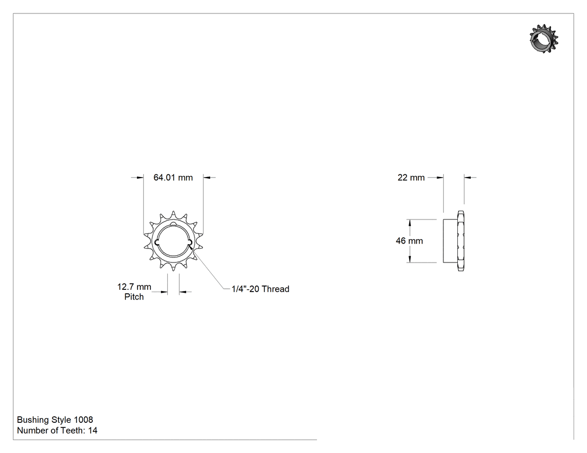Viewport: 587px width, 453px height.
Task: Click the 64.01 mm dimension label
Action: pyautogui.click(x=173, y=177)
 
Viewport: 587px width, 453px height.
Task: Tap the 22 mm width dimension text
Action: pyautogui.click(x=411, y=178)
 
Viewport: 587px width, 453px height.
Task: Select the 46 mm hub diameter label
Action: pyautogui.click(x=409, y=241)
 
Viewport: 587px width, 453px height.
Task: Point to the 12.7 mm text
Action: pyautogui.click(x=134, y=287)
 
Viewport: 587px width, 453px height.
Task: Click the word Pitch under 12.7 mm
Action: pyautogui.click(x=134, y=297)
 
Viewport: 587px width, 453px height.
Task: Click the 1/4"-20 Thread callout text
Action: pyautogui.click(x=260, y=289)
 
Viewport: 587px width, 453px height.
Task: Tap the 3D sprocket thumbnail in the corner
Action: pyautogui.click(x=544, y=39)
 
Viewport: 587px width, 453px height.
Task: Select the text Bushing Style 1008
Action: pyautogui.click(x=55, y=419)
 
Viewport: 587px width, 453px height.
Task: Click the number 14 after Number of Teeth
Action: pyautogui.click(x=93, y=431)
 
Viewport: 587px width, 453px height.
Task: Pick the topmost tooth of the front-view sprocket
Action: pyautogui.click(x=173, y=214)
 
